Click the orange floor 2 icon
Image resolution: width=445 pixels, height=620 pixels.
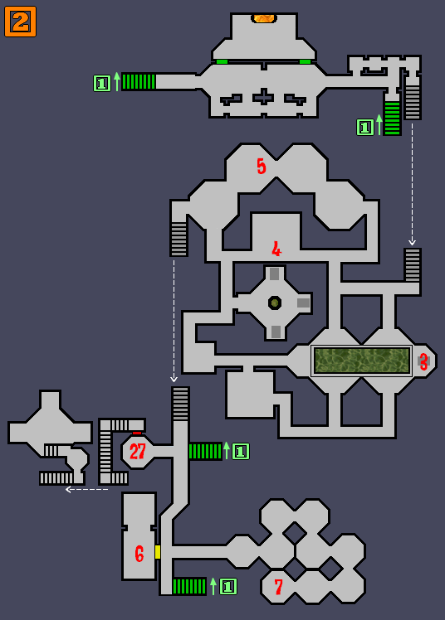coord(20,22)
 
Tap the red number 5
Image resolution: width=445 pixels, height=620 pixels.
coord(262,167)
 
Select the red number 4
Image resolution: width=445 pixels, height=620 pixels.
coord(276,249)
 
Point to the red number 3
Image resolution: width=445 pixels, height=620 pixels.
coord(423,361)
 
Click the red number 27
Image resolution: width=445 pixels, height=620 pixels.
coord(138,451)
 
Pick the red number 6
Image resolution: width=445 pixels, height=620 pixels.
coord(139,554)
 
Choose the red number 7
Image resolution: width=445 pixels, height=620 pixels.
coord(279,587)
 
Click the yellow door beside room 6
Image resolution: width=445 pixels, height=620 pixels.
coord(158,552)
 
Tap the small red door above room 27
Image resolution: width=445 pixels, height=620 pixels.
coord(137,433)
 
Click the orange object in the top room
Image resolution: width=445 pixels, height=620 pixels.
coord(264,18)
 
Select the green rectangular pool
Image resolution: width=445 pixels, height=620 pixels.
coord(362,361)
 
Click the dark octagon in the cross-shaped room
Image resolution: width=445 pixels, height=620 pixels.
coord(275,303)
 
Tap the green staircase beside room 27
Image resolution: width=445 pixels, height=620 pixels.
coord(205,451)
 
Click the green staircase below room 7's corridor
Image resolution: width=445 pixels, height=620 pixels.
coord(189,586)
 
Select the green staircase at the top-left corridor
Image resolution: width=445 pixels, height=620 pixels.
coord(139,82)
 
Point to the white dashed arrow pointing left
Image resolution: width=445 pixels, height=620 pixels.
coord(86,490)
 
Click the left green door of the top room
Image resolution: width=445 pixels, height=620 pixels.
coord(222,61)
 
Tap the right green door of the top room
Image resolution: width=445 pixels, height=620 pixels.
coord(305,61)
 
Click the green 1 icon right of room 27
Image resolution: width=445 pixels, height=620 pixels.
coord(240,451)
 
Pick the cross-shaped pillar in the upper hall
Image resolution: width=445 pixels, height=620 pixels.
coord(263,96)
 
